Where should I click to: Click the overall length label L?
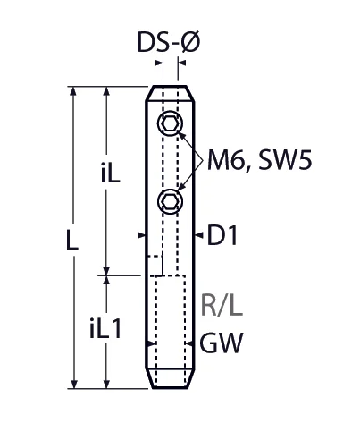click(x=72, y=240)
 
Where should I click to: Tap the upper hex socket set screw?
click(x=169, y=123)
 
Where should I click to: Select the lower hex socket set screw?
click(x=169, y=202)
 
